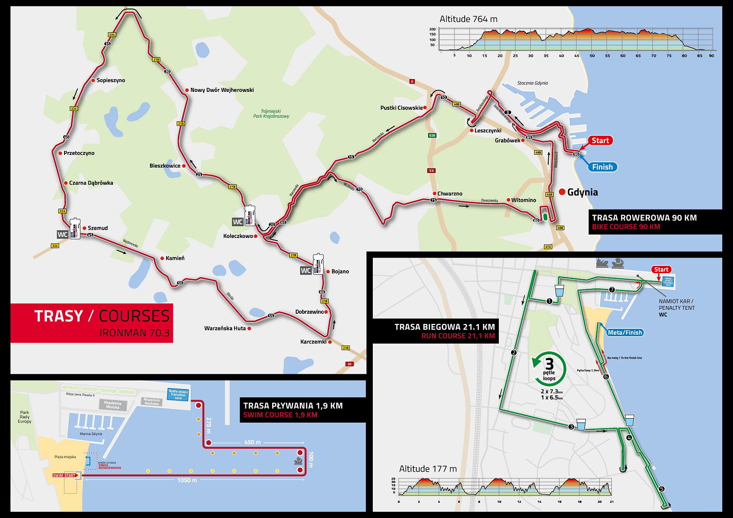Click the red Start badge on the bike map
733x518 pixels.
pyautogui.click(x=600, y=141)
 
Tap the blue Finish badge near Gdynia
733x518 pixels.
pyautogui.click(x=602, y=167)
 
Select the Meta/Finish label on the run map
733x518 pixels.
pyautogui.click(x=625, y=333)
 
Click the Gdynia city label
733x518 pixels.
pyautogui.click(x=582, y=192)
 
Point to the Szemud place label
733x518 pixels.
pyautogui.click(x=98, y=228)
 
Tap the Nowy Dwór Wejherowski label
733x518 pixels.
pyautogui.click(x=222, y=90)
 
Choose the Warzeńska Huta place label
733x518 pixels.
pyautogui.click(x=225, y=328)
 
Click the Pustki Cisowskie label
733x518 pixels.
pyautogui.click(x=401, y=108)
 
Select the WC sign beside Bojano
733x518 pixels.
pyautogui.click(x=306, y=271)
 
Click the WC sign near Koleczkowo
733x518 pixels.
pyautogui.click(x=237, y=222)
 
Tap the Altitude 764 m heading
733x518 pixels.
pyautogui.click(x=468, y=19)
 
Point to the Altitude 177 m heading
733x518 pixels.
pyautogui.click(x=428, y=469)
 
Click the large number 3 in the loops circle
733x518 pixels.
pyautogui.click(x=550, y=364)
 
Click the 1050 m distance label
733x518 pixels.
pyautogui.click(x=187, y=480)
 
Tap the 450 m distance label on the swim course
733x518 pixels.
pyautogui.click(x=252, y=442)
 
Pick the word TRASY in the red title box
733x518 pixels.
pyautogui.click(x=59, y=316)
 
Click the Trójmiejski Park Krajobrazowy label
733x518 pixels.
pyautogui.click(x=271, y=114)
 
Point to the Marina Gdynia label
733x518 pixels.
pyautogui.click(x=91, y=434)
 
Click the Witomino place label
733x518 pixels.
pyautogui.click(x=523, y=200)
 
